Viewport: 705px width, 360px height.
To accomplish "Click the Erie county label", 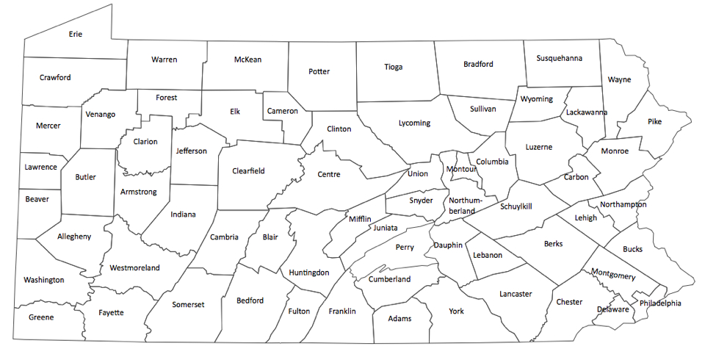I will pyautogui.click(x=75, y=34).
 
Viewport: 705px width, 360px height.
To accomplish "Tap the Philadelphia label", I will pyautogui.click(x=660, y=303).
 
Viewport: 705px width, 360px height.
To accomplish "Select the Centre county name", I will pyautogui.click(x=328, y=175).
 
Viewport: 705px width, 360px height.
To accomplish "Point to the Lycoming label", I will pyautogui.click(x=414, y=123).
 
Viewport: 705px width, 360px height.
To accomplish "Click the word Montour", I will pyautogui.click(x=461, y=170).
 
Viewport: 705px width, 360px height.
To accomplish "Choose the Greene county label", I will pyautogui.click(x=40, y=317).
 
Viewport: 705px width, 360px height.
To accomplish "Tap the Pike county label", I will pyautogui.click(x=654, y=122).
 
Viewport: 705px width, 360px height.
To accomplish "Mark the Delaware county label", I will pyautogui.click(x=612, y=309).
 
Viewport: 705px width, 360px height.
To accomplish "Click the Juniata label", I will pyautogui.click(x=386, y=228).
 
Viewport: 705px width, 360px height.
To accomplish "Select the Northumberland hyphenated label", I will pyautogui.click(x=463, y=206).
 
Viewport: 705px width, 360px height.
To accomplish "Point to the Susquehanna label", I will pyautogui.click(x=559, y=58).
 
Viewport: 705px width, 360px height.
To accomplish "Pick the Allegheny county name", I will pyautogui.click(x=73, y=236).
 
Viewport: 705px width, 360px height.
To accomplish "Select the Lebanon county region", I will pyautogui.click(x=488, y=256).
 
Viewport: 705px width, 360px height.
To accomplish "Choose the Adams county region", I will pyautogui.click(x=399, y=319).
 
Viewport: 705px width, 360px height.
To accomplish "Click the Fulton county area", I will pyautogui.click(x=299, y=312).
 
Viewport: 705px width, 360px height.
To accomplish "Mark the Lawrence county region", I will pyautogui.click(x=40, y=168).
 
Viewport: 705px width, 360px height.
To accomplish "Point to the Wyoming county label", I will pyautogui.click(x=536, y=99).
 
